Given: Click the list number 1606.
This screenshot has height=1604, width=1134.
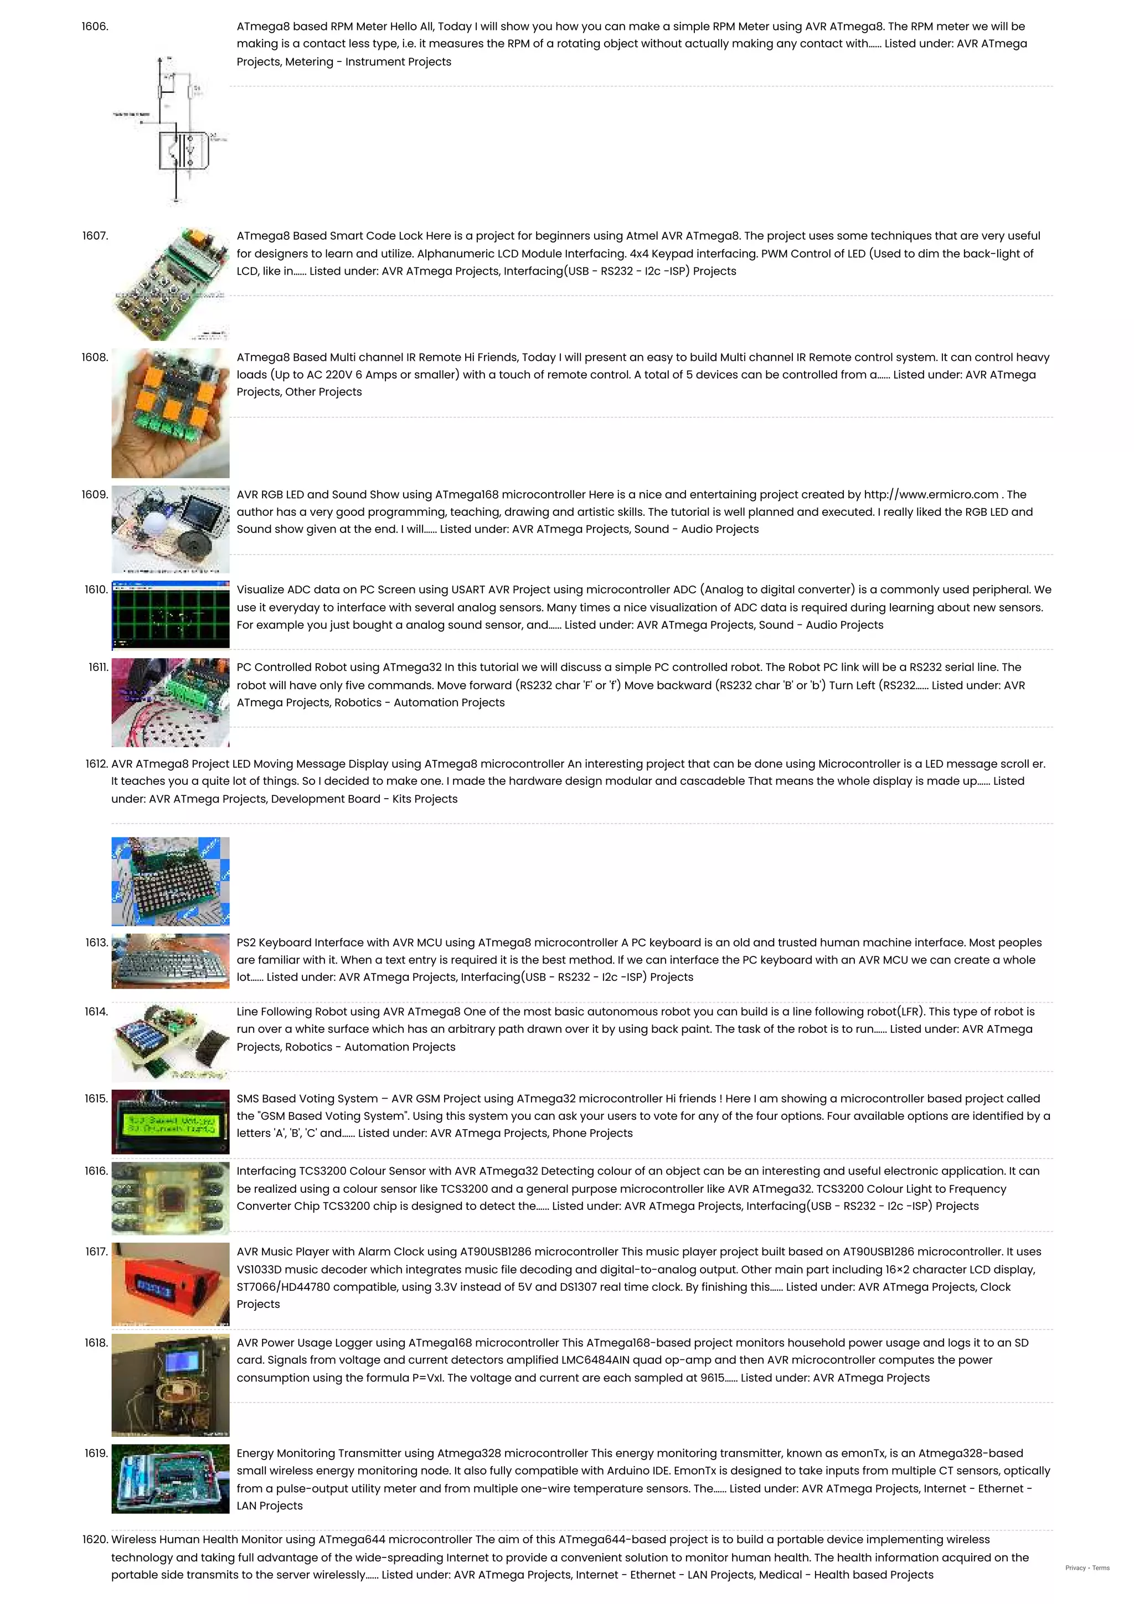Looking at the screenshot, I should pyautogui.click(x=95, y=27).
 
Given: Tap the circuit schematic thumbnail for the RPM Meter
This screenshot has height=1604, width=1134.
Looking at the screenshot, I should pyautogui.click(x=171, y=130).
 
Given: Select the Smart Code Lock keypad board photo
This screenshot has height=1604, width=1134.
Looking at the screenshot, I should pyautogui.click(x=171, y=283).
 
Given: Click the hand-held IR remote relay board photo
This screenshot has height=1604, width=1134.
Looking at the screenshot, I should pyautogui.click(x=171, y=413).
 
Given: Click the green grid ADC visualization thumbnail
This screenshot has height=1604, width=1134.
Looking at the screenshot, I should pyautogui.click(x=171, y=615).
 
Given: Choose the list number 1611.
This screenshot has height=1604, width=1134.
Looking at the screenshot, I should pyautogui.click(x=99, y=667).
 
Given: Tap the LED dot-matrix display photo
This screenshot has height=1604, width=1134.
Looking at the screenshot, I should pyautogui.click(x=171, y=881).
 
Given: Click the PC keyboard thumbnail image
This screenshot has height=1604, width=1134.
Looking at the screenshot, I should pyautogui.click(x=171, y=961).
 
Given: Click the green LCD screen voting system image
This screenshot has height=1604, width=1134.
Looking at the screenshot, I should pyautogui.click(x=171, y=1122).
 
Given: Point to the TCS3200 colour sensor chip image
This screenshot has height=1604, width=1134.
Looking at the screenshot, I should pyautogui.click(x=171, y=1199).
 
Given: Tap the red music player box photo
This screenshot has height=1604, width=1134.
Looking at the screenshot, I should pyautogui.click(x=171, y=1284).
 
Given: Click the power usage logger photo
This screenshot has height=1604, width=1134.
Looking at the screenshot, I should pyautogui.click(x=171, y=1385).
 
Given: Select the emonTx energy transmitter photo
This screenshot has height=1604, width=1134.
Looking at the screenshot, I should pyautogui.click(x=171, y=1479).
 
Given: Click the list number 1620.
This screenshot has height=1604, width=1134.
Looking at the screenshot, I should pyautogui.click(x=96, y=1540).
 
